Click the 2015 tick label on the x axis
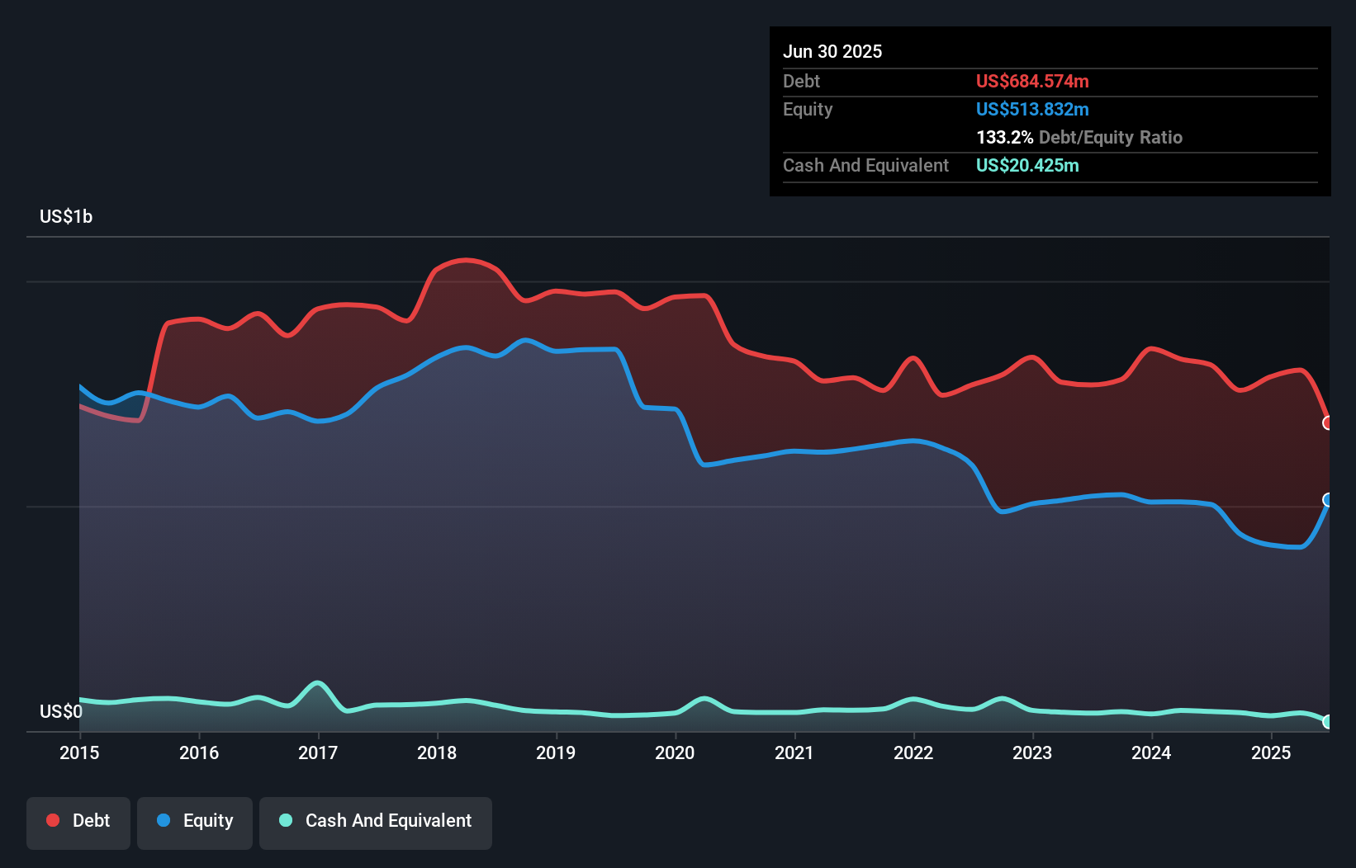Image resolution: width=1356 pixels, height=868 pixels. tap(79, 752)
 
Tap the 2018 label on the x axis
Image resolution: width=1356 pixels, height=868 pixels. tap(437, 752)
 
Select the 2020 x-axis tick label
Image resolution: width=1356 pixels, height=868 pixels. tap(675, 752)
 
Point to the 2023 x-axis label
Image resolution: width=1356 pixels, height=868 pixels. tap(1032, 752)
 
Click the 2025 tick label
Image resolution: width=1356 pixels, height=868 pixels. tap(1271, 752)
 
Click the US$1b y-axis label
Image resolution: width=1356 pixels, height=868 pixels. tap(66, 216)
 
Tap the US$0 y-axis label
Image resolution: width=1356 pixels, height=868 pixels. tap(61, 711)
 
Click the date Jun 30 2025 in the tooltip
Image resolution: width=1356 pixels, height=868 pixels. tap(832, 51)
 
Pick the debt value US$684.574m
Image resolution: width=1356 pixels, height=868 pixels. tap(1032, 81)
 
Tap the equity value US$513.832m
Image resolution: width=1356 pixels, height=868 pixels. tap(1032, 109)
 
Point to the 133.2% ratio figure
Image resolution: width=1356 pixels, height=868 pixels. tap(1004, 137)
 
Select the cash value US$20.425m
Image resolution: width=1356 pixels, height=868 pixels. tap(1027, 165)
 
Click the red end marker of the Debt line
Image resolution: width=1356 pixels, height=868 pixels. tap(1328, 422)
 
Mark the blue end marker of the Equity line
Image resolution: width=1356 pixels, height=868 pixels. tap(1328, 500)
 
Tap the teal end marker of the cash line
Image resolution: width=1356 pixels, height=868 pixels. tap(1328, 722)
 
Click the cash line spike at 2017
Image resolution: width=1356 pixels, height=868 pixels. tap(318, 683)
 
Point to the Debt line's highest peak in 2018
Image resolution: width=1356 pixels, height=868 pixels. tap(467, 260)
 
